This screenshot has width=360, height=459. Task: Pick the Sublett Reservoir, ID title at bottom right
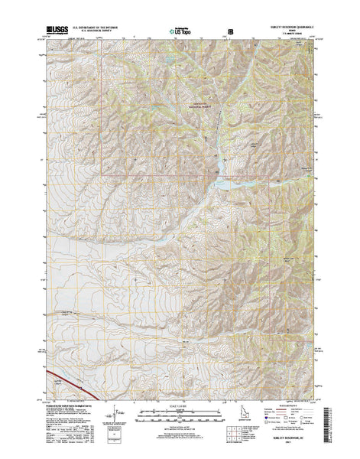[290, 448]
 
